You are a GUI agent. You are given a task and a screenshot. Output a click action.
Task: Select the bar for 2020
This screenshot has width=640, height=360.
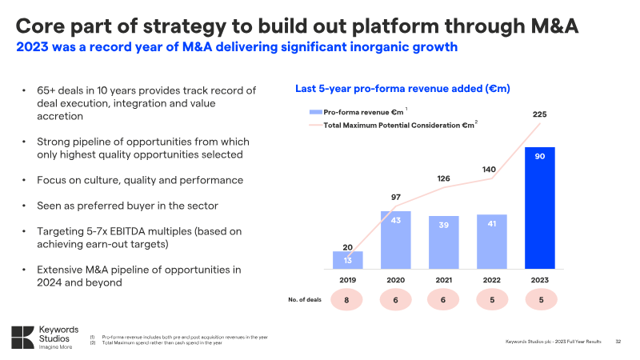tap(395, 240)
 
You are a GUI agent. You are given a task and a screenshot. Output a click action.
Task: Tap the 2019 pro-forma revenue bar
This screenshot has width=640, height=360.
tap(347, 260)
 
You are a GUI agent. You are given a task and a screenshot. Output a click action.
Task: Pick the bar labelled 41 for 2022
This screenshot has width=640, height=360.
tap(492, 242)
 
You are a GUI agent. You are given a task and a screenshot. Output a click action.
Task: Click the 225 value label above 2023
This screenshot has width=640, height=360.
tap(540, 115)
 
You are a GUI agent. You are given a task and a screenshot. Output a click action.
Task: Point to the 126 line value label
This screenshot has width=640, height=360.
tap(444, 178)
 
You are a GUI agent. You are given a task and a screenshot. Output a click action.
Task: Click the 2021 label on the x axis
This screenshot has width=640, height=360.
tap(444, 280)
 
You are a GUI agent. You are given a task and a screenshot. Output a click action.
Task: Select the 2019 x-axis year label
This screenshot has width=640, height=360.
tap(347, 280)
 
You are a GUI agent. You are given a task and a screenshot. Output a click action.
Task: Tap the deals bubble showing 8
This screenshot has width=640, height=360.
tap(347, 300)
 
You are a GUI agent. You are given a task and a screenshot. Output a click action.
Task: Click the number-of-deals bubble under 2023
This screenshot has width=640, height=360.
tap(540, 300)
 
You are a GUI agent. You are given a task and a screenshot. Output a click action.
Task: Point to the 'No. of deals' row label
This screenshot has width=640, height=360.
tap(304, 300)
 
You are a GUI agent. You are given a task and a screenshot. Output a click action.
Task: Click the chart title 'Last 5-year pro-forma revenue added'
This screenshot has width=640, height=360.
tap(403, 88)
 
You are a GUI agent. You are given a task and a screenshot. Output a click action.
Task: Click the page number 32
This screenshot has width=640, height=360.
tap(618, 342)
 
